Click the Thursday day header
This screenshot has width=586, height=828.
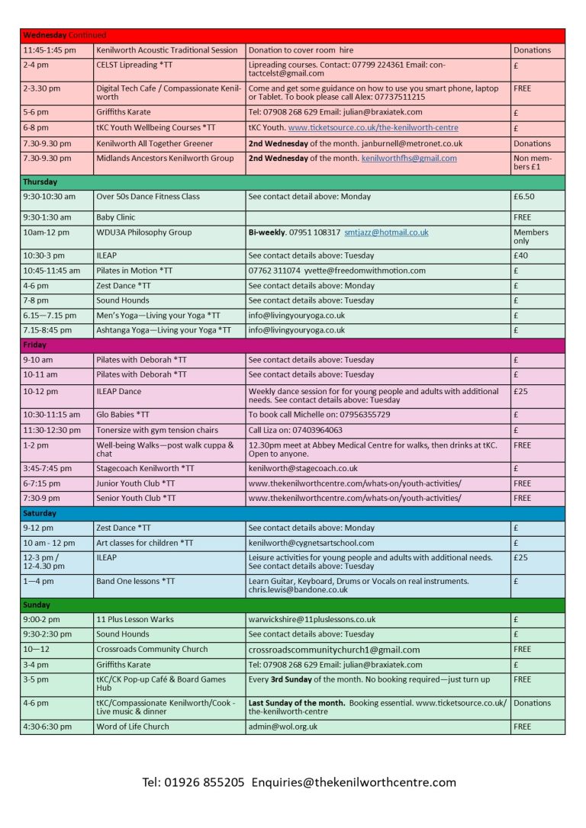pyautogui.click(x=40, y=182)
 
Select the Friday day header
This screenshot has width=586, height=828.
pyautogui.click(x=34, y=345)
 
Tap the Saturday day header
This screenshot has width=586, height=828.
pyautogui.click(x=40, y=514)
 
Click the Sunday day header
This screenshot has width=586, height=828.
pyautogui.click(x=37, y=605)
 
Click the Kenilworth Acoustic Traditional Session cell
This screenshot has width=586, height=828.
pyautogui.click(x=167, y=50)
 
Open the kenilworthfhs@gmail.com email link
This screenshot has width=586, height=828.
pyautogui.click(x=409, y=159)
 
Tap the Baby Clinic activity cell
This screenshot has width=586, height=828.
pyautogui.click(x=115, y=217)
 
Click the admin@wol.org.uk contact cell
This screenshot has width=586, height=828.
pyautogui.click(x=282, y=727)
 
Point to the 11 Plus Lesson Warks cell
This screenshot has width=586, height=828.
pyautogui.click(x=135, y=619)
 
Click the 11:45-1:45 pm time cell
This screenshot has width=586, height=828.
pyautogui.click(x=50, y=50)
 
